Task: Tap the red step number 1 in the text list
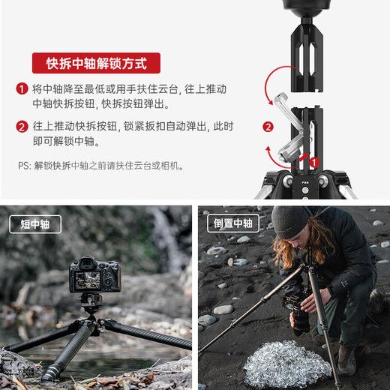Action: (22, 88)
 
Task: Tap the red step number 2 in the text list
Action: (22, 126)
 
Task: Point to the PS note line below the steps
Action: (101, 166)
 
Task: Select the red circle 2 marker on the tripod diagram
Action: (268, 126)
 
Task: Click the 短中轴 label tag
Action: (35, 223)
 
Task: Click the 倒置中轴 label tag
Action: (233, 223)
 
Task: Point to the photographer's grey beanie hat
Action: (289, 220)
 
